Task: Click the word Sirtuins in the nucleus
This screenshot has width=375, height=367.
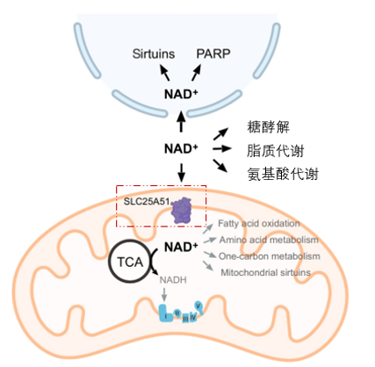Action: (155, 54)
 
